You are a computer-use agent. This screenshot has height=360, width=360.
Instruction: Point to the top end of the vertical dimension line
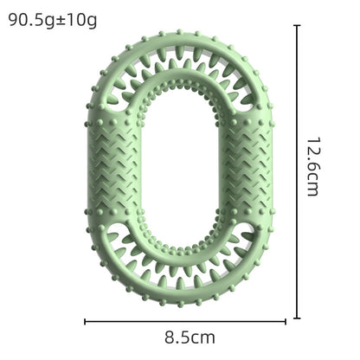pyautogui.click(x=298, y=26)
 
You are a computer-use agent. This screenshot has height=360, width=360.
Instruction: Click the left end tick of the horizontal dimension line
pyautogui.click(x=86, y=321)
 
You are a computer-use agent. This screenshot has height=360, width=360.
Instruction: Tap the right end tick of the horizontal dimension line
pyautogui.click(x=285, y=321)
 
